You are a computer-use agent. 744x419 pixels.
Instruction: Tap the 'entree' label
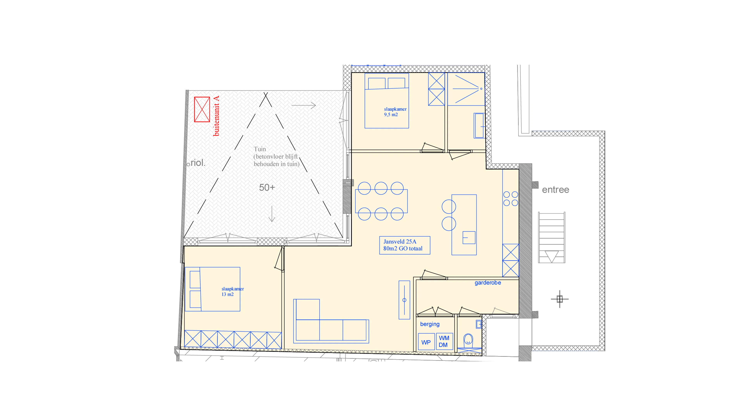point(555,190)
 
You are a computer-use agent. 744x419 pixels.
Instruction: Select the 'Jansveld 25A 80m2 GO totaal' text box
point(405,245)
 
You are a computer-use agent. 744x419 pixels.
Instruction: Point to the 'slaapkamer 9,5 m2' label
point(395,112)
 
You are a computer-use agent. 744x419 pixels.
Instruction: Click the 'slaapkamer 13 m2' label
point(232,292)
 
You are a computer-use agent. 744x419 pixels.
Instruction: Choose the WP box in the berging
point(426,342)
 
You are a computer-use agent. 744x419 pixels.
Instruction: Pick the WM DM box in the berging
point(444,341)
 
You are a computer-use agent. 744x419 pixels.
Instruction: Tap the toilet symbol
point(468,341)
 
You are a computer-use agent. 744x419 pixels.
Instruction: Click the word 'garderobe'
point(488,283)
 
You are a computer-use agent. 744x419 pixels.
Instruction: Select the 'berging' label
point(430,324)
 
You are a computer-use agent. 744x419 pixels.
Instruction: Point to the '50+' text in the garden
point(267,187)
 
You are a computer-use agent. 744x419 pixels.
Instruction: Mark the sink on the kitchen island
point(469,237)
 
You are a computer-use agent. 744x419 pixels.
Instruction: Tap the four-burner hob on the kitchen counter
point(511,199)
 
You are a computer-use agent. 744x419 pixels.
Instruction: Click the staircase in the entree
point(551,237)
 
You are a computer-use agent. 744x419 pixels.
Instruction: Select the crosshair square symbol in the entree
point(560,299)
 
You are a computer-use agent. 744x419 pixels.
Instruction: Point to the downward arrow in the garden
point(272,214)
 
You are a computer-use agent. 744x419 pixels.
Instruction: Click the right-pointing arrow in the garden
point(304,105)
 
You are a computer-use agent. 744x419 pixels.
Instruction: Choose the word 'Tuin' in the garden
point(260,149)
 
